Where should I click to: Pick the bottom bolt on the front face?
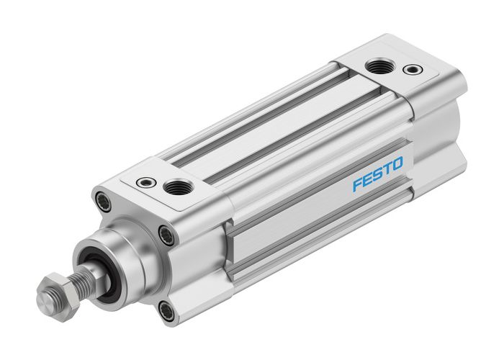pyautogui.click(x=167, y=310)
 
